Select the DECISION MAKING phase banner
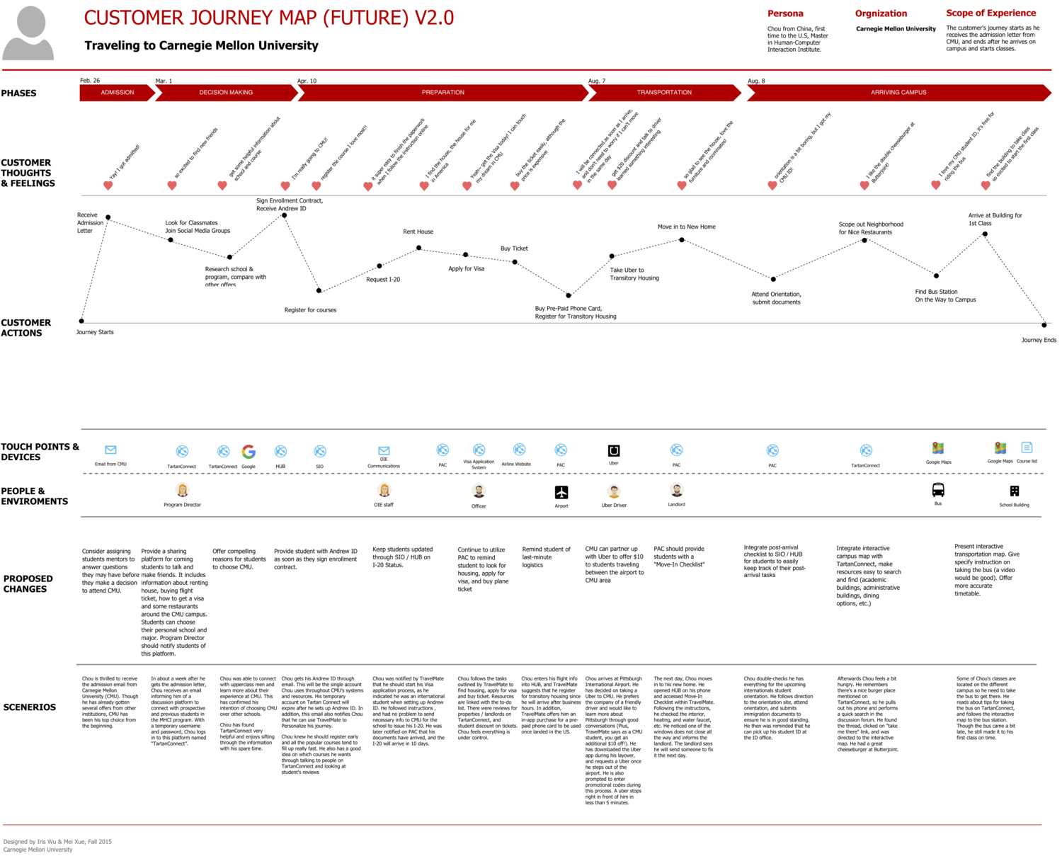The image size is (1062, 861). coord(226,93)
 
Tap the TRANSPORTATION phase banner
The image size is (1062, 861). coord(664,93)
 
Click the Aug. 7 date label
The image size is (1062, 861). coord(597,81)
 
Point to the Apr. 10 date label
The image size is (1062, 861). coord(307,81)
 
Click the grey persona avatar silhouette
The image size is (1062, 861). coord(29,33)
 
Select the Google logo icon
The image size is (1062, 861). coord(249,452)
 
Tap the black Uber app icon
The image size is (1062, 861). coord(614,450)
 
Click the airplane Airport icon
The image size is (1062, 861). coord(561,492)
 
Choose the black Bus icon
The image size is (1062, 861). coord(938,490)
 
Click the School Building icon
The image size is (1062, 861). coord(1015,491)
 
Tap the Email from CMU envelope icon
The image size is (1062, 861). coord(110,450)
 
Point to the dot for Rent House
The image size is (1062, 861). coord(419,248)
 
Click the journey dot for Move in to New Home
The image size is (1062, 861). coord(682,240)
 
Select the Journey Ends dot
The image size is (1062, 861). coord(1044,325)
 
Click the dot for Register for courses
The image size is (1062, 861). coord(319,290)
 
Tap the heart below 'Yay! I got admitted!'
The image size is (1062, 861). coord(108,186)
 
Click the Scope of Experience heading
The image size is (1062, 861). coord(990,13)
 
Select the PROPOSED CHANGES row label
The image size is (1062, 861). coord(28,584)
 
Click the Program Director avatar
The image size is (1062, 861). coord(183,490)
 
